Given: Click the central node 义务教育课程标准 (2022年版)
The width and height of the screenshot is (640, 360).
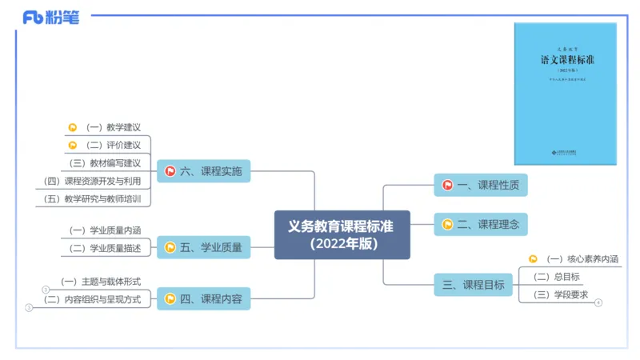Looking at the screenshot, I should click(342, 234).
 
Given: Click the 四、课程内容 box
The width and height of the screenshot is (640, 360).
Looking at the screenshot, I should click(203, 299).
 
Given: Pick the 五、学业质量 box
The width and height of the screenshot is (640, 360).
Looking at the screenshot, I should click(203, 247).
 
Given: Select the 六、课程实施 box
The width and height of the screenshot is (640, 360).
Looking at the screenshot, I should click(203, 170).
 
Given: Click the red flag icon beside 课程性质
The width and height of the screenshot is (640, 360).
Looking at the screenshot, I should click(447, 186).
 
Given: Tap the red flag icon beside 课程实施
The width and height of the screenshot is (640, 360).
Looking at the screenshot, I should click(170, 170).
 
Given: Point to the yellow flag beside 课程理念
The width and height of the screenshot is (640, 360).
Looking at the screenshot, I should click(447, 225).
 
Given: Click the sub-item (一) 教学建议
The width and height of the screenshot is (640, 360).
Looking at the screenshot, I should click(113, 127).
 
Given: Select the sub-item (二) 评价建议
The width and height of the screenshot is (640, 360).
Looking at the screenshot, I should click(113, 145).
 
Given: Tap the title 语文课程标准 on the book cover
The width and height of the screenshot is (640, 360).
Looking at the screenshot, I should click(566, 60).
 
